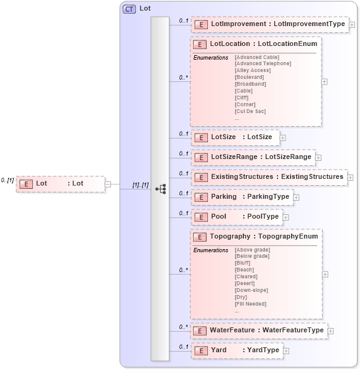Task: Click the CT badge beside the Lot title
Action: click(x=129, y=9)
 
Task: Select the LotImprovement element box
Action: click(x=269, y=24)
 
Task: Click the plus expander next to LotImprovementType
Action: click(x=352, y=25)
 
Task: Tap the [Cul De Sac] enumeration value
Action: click(x=250, y=111)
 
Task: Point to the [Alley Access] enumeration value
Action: click(x=252, y=70)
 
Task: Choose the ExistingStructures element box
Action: click(x=268, y=177)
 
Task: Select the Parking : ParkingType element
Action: click(x=241, y=197)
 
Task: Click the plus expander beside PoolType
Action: click(x=286, y=217)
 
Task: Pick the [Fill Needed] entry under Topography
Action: click(x=251, y=304)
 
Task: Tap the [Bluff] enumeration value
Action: click(x=243, y=263)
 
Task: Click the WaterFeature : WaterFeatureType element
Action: click(x=258, y=330)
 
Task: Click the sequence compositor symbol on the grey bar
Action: click(x=160, y=189)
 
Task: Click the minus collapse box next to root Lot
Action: click(x=108, y=184)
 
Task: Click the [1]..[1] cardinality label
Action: click(x=140, y=185)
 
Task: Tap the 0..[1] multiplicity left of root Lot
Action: click(x=7, y=180)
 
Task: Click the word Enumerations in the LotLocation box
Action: click(x=211, y=57)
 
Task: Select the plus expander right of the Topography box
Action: click(x=325, y=274)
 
